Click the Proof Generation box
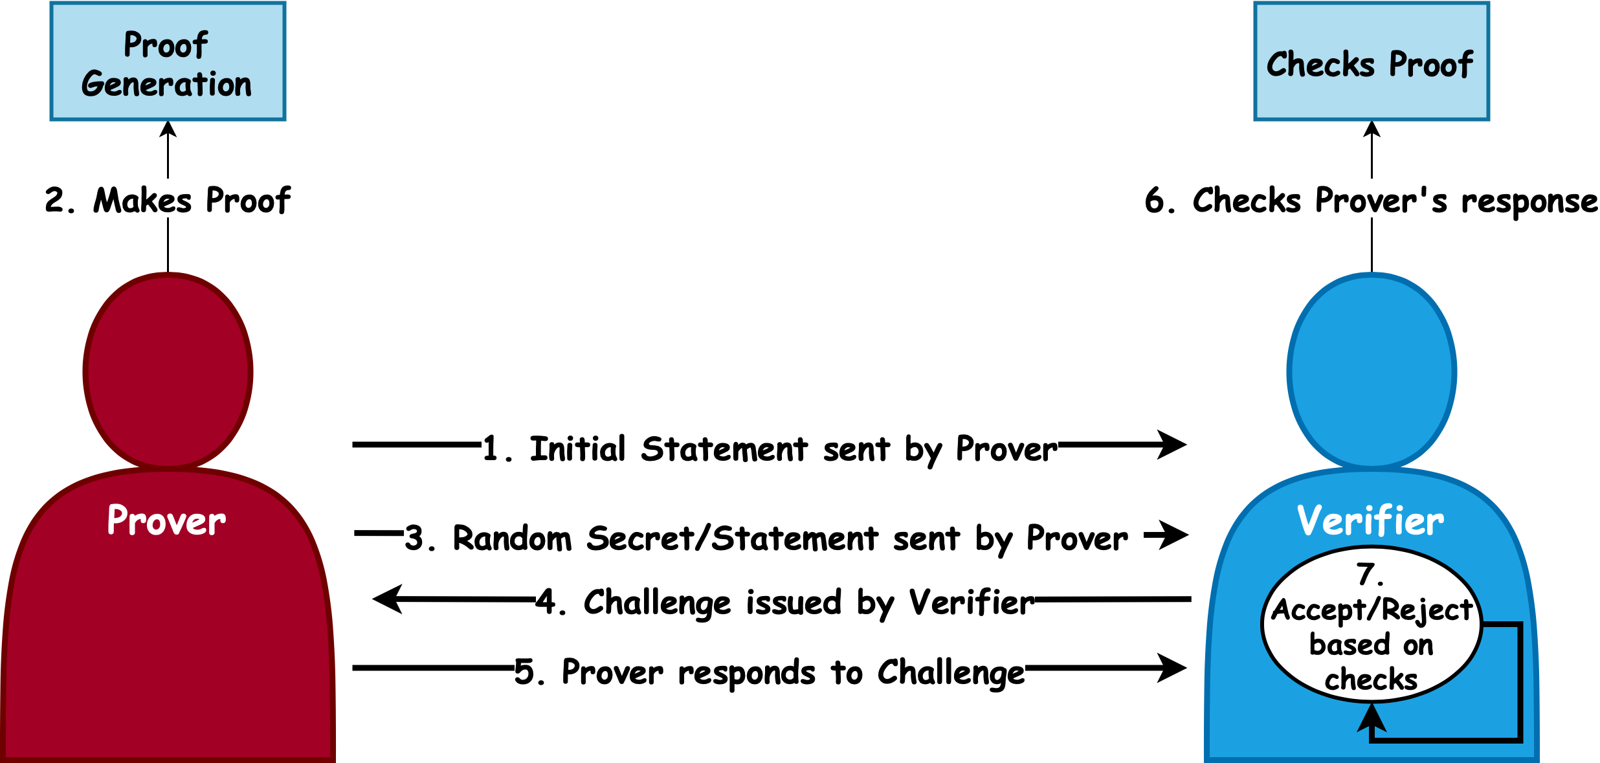(168, 61)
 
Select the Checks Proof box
(1371, 61)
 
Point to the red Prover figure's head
(168, 371)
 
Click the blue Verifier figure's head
(1372, 371)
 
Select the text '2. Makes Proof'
(168, 200)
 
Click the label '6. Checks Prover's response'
(1371, 200)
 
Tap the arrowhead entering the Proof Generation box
(168, 129)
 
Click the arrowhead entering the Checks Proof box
(1372, 129)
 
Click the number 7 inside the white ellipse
(1366, 574)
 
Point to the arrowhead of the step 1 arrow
(1173, 445)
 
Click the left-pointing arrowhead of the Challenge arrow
(388, 599)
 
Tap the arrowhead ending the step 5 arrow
(1173, 668)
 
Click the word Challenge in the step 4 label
(656, 603)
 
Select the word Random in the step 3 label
(512, 538)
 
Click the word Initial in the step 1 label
(577, 449)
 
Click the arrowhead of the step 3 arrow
(1175, 535)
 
